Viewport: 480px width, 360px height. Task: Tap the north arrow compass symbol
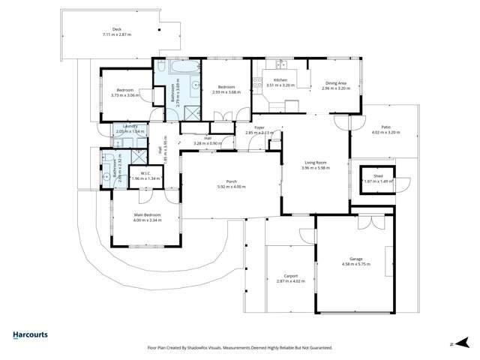[452, 344]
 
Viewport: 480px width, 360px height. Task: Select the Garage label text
[351, 259]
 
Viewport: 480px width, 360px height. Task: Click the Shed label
[376, 176]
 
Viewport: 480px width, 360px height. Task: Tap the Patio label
[386, 127]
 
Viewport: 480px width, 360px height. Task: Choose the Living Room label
[316, 163]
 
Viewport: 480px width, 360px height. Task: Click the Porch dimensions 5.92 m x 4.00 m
[231, 187]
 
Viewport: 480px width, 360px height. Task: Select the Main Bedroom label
[147, 216]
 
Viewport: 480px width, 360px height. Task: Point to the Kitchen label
[280, 79]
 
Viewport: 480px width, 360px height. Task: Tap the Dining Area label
[335, 83]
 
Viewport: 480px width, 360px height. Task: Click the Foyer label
[259, 127]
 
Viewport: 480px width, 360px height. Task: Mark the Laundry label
[130, 127]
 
